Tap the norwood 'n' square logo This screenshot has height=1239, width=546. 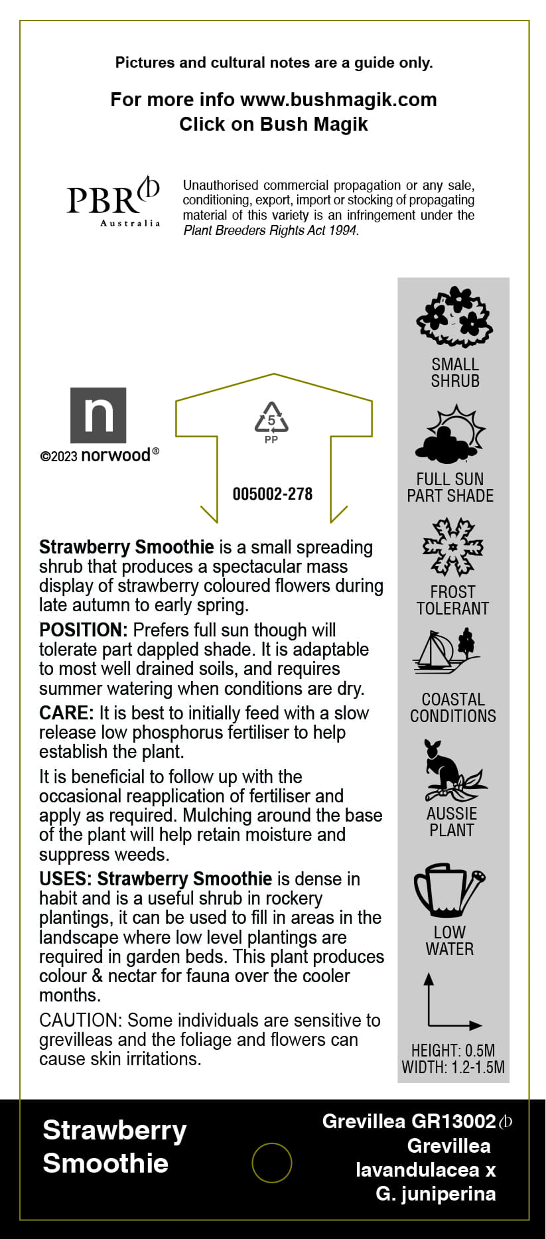[98, 415]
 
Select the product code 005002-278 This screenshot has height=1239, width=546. [272, 494]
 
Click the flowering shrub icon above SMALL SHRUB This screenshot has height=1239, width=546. [454, 317]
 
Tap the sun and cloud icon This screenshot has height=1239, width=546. [451, 434]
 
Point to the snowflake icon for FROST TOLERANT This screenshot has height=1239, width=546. [453, 547]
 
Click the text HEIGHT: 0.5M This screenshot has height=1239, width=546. [452, 1051]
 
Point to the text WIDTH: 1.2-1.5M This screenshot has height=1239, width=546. [453, 1067]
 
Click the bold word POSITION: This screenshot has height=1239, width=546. [83, 630]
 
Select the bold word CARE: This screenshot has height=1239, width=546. [66, 713]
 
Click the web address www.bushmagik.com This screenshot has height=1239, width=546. [338, 100]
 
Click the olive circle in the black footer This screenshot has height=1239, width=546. [272, 1163]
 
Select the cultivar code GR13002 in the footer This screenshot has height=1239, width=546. [454, 1122]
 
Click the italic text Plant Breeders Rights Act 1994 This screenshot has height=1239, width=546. [270, 230]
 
